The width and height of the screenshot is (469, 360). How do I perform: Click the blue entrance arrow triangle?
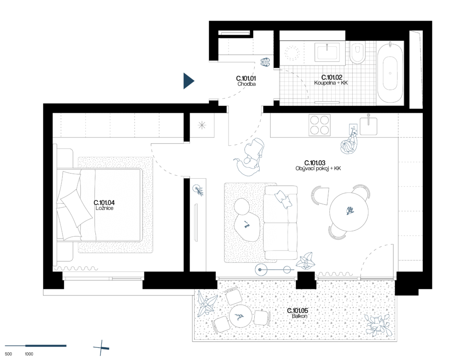(188, 81)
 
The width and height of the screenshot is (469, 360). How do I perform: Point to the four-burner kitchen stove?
(319, 125)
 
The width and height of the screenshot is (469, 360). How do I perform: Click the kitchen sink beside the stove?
(368, 125)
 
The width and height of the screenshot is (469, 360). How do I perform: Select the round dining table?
(349, 212)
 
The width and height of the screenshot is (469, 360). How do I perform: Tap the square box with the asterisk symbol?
(202, 125)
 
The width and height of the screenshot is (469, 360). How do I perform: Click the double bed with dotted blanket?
(110, 205)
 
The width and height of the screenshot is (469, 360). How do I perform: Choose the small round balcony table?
(240, 316)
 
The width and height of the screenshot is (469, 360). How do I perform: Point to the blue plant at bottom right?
(378, 325)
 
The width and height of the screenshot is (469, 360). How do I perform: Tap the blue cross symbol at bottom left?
(101, 348)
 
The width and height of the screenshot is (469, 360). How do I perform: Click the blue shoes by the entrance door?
(265, 62)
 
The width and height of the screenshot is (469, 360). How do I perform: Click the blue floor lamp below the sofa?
(273, 270)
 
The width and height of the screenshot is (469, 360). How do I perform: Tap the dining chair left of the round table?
(320, 196)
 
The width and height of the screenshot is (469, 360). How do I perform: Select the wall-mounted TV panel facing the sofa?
(196, 223)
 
